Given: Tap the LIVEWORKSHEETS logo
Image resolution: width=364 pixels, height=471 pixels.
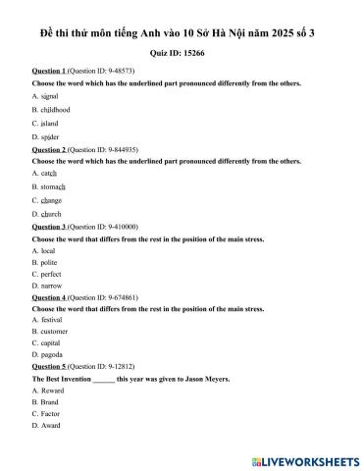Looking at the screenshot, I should tap(304, 459).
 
